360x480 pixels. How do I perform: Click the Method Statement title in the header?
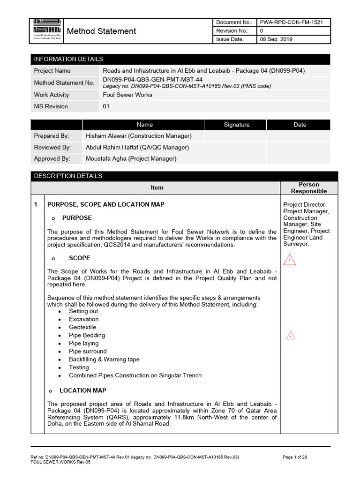click(x=102, y=31)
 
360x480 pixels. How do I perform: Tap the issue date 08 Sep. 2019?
click(x=276, y=39)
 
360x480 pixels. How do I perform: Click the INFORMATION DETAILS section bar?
click(x=180, y=59)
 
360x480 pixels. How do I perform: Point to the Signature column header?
click(x=236, y=125)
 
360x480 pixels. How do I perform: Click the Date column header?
click(x=300, y=125)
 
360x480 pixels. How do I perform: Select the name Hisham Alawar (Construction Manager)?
click(x=139, y=136)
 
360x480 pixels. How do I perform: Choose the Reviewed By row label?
click(x=52, y=147)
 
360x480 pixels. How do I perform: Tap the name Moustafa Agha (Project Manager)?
click(x=131, y=159)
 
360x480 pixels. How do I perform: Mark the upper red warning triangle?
click(x=290, y=259)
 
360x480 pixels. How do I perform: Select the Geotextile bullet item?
click(x=82, y=327)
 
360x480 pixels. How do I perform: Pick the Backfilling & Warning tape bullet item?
click(x=104, y=360)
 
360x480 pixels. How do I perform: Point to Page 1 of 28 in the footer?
click(x=295, y=457)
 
